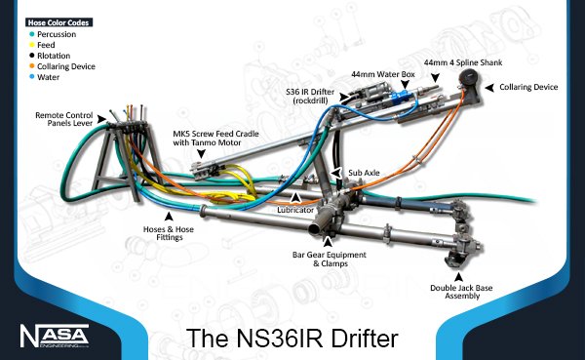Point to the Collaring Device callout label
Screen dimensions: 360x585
[528, 87]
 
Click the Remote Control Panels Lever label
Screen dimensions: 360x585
[67, 120]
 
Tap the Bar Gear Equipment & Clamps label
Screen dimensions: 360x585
[329, 260]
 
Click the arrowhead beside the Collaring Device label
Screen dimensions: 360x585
[491, 88]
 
